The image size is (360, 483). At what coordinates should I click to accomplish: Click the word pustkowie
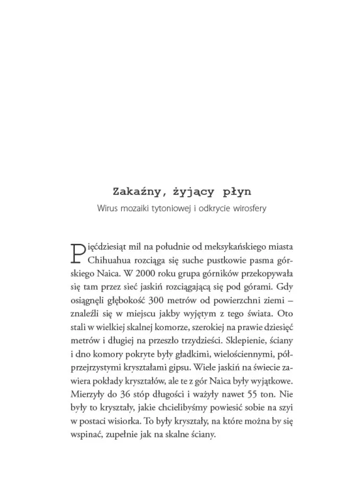tap(215, 258)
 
